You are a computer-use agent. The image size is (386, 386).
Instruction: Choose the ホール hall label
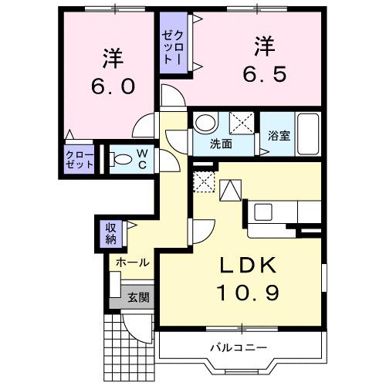(x=132, y=263)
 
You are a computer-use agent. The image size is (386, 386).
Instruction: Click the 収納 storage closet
(x=110, y=232)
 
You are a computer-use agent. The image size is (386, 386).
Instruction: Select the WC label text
(x=144, y=158)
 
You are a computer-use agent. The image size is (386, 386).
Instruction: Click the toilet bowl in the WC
(x=120, y=160)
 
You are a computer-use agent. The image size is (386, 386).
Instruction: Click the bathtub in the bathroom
(x=309, y=136)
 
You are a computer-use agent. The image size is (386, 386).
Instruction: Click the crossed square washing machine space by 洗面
(x=242, y=122)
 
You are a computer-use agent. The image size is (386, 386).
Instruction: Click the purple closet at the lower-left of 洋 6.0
(x=78, y=161)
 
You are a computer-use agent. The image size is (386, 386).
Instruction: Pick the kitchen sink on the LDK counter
(x=261, y=210)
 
